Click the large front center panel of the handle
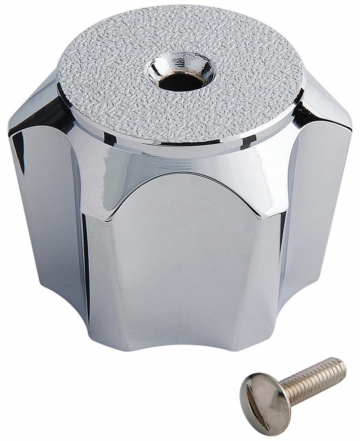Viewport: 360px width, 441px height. (181, 267)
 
